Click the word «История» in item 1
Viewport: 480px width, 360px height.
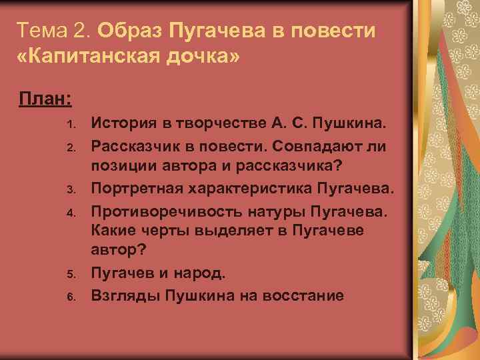pos(120,123)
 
